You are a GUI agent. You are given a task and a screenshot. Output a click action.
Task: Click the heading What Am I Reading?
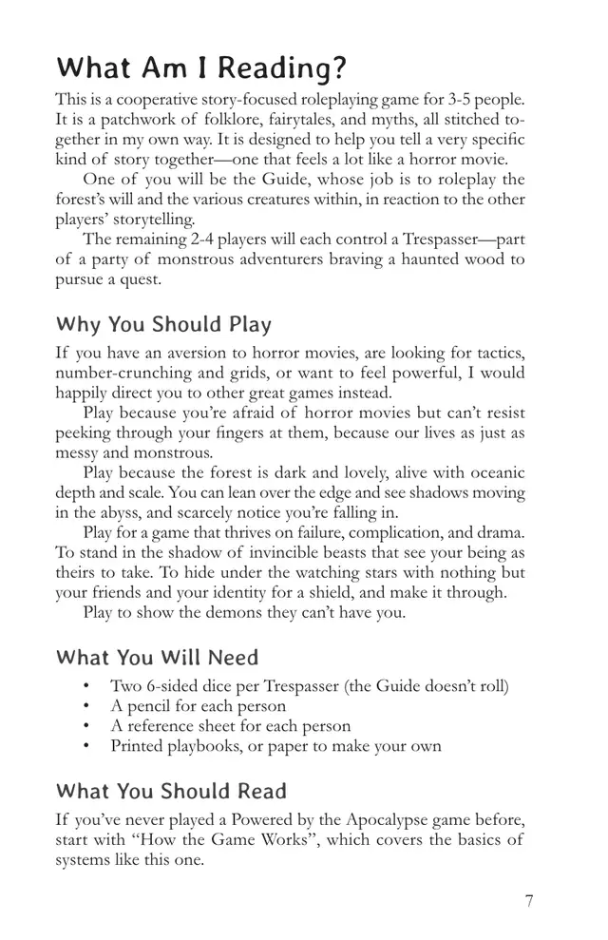(201, 69)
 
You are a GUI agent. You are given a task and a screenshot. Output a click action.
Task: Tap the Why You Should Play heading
(163, 324)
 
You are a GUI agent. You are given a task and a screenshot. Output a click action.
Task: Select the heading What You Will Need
(157, 657)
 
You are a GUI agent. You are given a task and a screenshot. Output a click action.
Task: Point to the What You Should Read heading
(171, 791)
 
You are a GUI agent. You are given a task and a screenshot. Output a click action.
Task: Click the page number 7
(529, 901)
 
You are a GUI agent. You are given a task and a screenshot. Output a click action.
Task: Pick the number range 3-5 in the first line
(461, 99)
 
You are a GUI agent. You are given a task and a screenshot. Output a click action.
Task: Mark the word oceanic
(492, 473)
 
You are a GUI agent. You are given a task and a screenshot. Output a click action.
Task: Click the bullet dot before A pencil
(86, 706)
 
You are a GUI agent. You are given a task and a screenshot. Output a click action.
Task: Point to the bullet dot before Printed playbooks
(86, 746)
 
